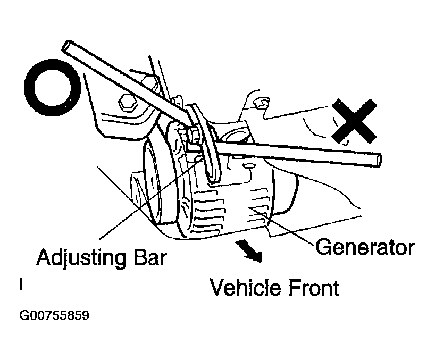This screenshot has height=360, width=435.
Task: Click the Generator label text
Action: (364, 247)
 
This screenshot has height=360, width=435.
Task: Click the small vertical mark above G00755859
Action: (21, 286)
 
